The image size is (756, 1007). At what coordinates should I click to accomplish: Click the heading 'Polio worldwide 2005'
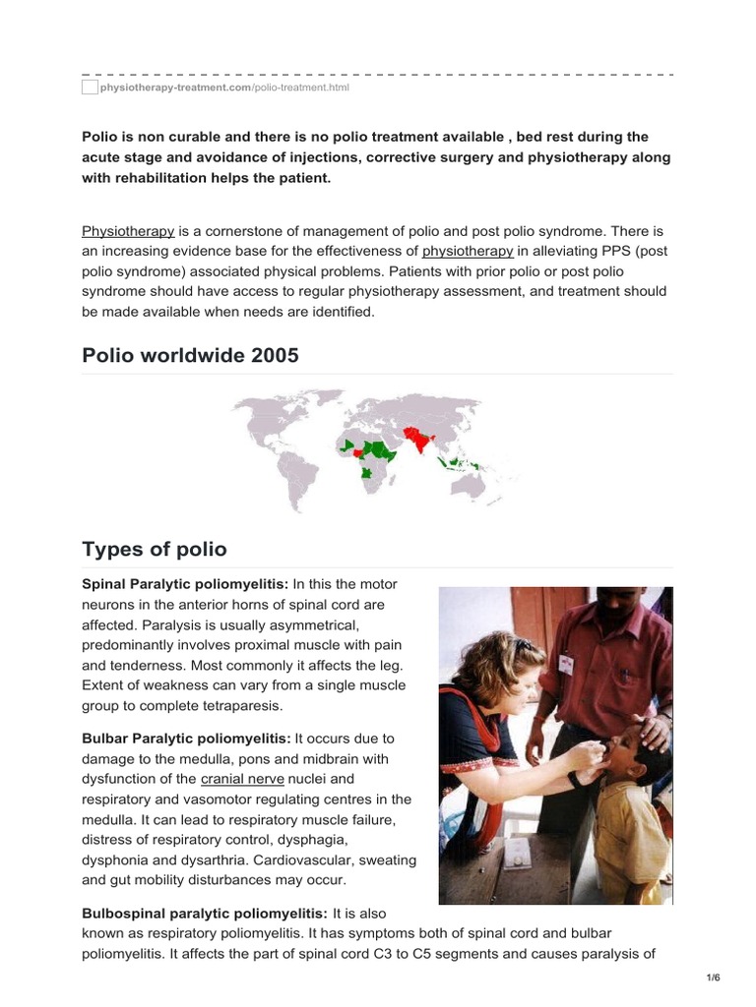click(190, 355)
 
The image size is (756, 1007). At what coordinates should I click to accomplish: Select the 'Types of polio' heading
click(154, 548)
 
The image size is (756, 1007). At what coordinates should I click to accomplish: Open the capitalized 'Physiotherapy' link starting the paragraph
click(128, 231)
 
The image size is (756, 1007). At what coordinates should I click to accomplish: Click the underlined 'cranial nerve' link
click(242, 779)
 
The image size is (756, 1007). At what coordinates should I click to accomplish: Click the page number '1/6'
click(714, 977)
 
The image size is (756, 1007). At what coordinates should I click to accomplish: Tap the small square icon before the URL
click(90, 88)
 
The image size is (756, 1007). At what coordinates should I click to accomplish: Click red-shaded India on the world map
click(421, 443)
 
